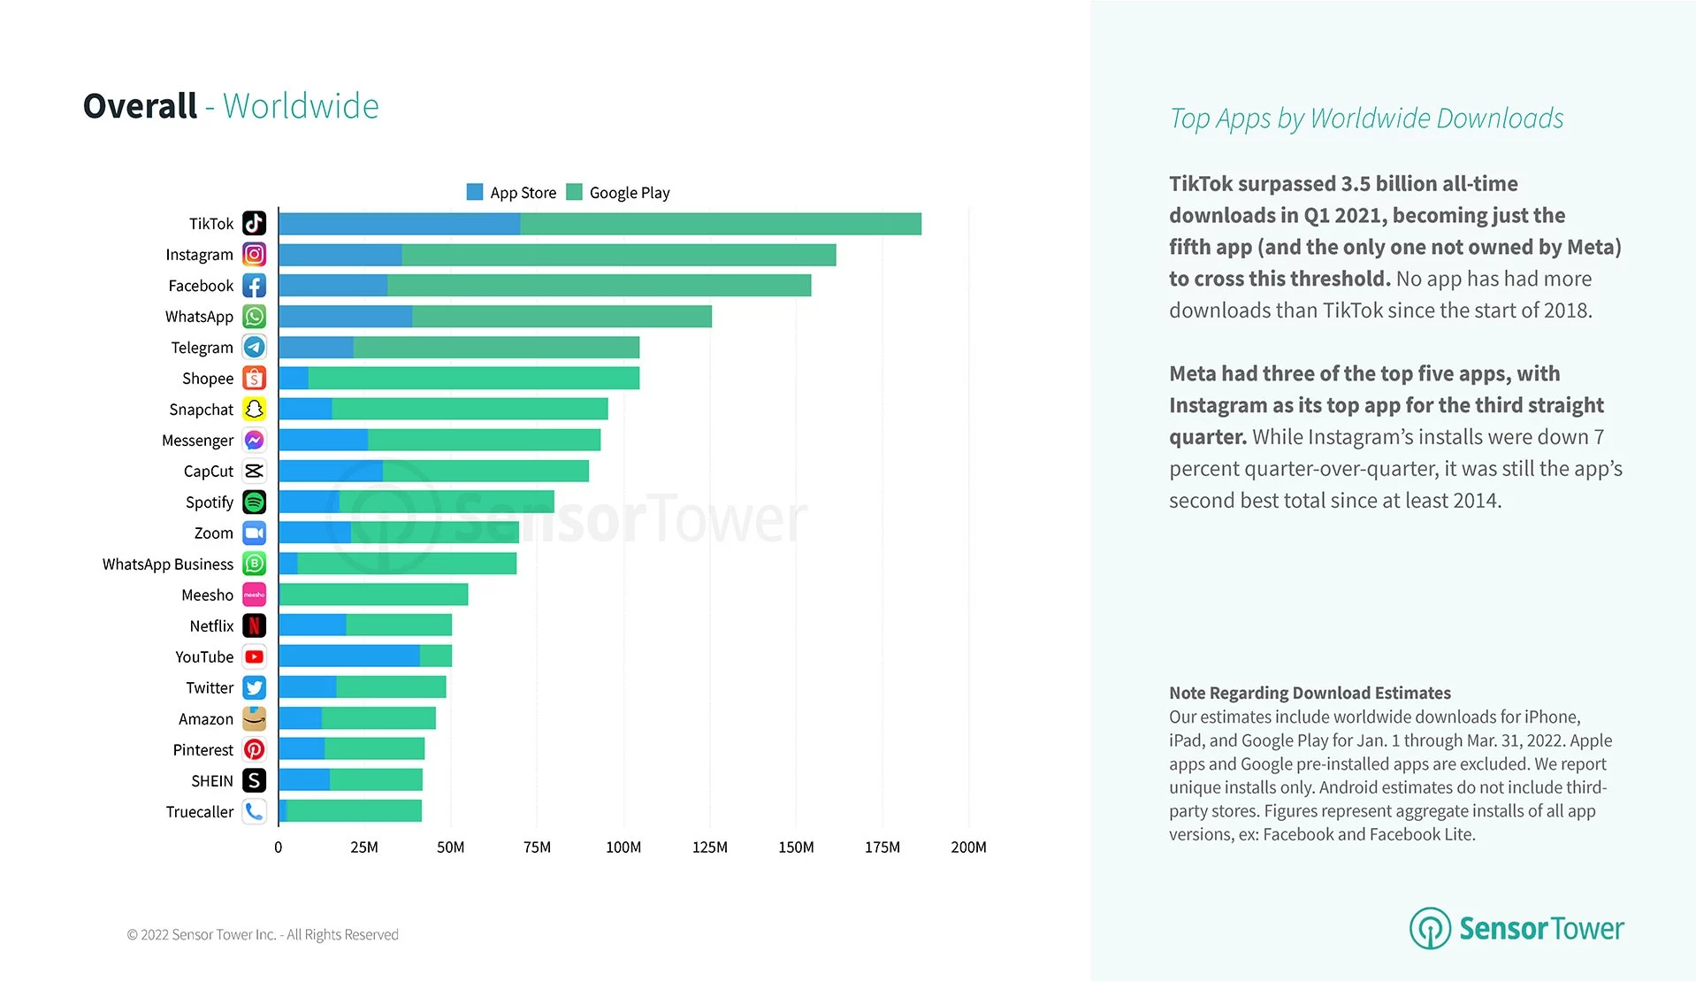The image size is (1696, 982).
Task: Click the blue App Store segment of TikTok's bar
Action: [x=399, y=224]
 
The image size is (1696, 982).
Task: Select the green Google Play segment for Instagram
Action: [x=619, y=255]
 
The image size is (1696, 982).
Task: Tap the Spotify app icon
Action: [x=254, y=503]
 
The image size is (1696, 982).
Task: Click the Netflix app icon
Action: [x=254, y=626]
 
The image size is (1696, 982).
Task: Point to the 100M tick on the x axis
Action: [x=623, y=848]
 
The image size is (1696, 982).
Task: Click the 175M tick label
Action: [x=882, y=848]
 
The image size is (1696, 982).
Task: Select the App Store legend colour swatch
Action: [x=475, y=192]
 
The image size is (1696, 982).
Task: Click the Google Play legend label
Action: [x=630, y=193]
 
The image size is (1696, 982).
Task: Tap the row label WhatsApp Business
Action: [x=168, y=564]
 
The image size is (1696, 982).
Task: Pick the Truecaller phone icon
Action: [x=254, y=811]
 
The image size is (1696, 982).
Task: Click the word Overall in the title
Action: [x=140, y=106]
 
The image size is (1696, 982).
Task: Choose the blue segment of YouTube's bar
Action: [x=348, y=656]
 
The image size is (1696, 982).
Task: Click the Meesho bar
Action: [x=373, y=595]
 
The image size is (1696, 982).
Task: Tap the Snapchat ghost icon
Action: [x=254, y=410]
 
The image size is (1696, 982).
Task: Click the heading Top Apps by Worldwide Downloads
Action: [x=1366, y=119]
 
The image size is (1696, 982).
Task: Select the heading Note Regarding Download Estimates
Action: [x=1310, y=693]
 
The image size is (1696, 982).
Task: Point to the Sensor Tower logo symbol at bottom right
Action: [x=1430, y=928]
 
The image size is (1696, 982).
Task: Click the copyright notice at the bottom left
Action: [x=263, y=935]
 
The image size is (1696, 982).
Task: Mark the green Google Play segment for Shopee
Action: [x=473, y=379]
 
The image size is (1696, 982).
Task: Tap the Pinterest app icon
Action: [x=254, y=750]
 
